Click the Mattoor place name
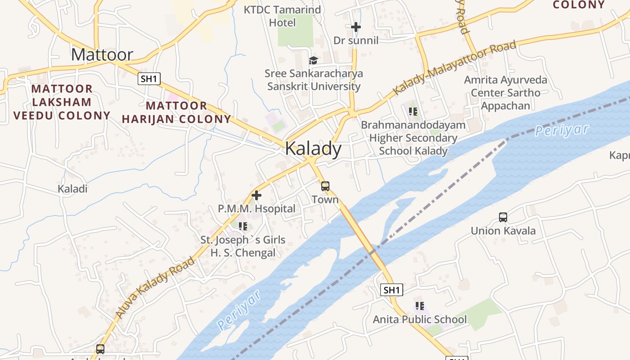coord(102,55)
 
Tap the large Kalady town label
coord(313,148)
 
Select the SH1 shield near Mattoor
coord(149,79)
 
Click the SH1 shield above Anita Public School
coord(391,290)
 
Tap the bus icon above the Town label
coord(325,186)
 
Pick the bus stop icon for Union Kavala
coord(503,217)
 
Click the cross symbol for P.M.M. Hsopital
coord(256,195)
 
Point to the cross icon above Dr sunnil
coord(356,27)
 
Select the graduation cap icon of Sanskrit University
coord(313,60)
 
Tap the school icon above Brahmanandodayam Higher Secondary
coord(413,111)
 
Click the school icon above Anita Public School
coord(420,306)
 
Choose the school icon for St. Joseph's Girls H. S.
coord(243,226)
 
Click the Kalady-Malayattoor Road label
coord(454,68)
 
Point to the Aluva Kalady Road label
coord(155,286)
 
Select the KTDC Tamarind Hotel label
coord(283,16)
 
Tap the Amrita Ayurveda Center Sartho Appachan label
coord(506,93)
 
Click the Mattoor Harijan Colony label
coord(176,112)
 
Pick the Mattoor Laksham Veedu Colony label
coord(62,102)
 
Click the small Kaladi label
coord(72,189)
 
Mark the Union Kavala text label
coord(503,231)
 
